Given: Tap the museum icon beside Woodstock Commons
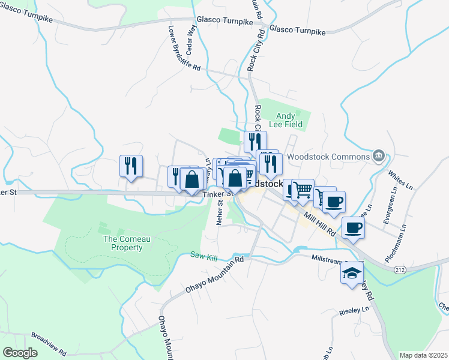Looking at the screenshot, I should (378, 156).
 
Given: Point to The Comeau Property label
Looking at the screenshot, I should (123, 243).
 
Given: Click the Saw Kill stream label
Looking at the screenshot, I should (203, 256).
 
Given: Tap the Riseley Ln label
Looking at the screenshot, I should (354, 311).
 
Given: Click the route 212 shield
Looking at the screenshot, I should (400, 270).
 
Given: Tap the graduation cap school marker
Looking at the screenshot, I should (352, 274).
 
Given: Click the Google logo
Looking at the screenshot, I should (20, 353).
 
